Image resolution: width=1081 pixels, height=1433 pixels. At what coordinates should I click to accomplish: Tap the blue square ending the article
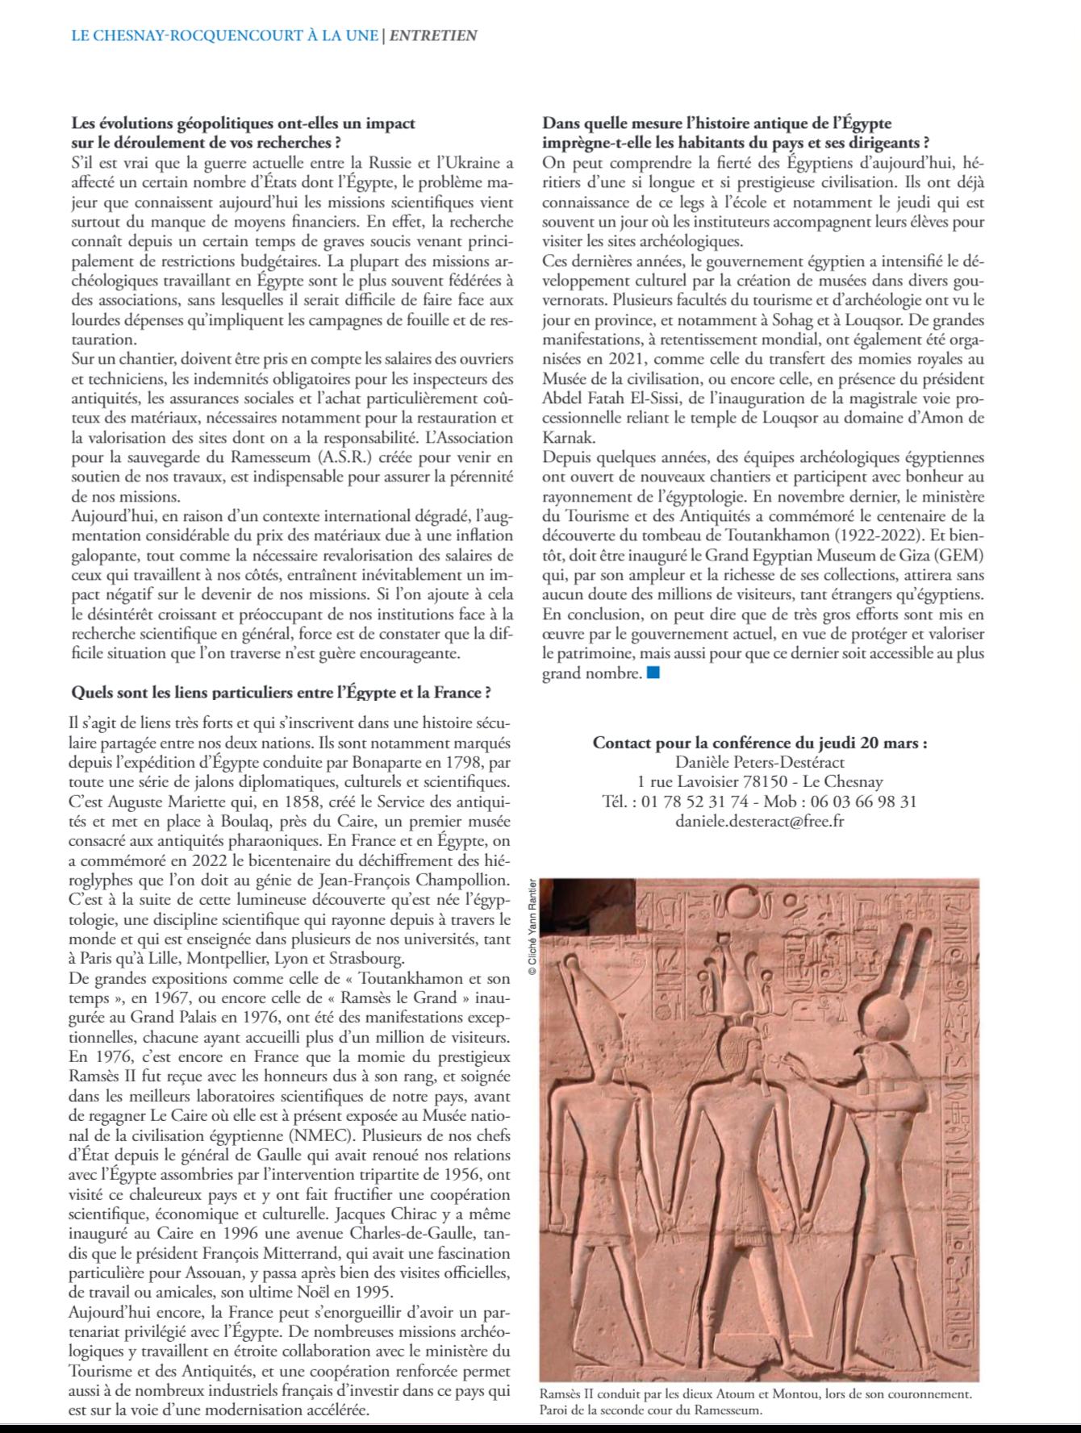pos(653,672)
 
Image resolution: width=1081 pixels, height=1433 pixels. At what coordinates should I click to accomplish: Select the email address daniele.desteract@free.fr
pos(759,822)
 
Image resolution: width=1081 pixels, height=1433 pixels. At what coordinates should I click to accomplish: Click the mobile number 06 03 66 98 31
pos(854,802)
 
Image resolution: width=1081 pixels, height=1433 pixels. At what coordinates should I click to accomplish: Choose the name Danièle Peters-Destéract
pos(759,761)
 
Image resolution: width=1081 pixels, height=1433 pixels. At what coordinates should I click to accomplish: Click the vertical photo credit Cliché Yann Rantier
pos(532,927)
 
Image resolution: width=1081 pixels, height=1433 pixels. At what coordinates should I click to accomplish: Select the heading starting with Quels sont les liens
pos(282,692)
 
